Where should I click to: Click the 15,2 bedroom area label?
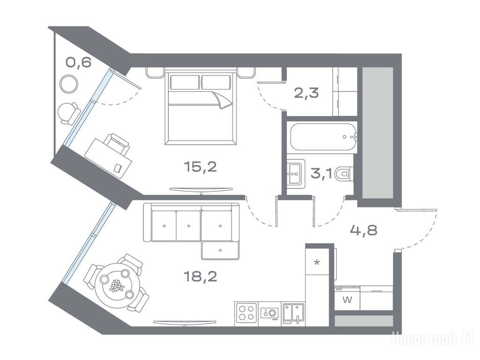(x=200, y=167)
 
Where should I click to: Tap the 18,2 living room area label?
(x=200, y=277)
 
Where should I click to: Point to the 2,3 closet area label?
(x=306, y=92)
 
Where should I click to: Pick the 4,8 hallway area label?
(x=364, y=230)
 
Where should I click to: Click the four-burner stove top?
(x=247, y=314)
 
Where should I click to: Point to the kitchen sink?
(x=293, y=313)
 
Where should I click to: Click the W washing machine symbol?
(x=347, y=300)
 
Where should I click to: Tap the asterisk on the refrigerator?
(x=317, y=262)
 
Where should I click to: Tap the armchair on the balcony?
(x=69, y=112)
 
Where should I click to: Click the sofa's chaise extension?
(x=220, y=250)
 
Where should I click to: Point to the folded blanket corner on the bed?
(x=224, y=100)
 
